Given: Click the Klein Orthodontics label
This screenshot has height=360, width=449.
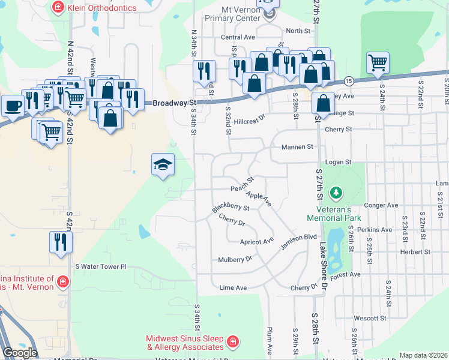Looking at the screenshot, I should point(102,8).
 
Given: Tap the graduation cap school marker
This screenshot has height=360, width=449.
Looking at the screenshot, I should point(163,164).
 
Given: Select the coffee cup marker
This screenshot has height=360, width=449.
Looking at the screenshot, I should point(13,106).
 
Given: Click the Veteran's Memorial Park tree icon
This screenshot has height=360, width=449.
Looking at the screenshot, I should point(337,193).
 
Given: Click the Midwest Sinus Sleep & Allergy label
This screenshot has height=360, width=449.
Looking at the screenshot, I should point(185,343).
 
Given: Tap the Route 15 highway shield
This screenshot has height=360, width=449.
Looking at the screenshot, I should point(349,81).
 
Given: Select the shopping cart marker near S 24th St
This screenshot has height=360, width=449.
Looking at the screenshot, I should point(378,62).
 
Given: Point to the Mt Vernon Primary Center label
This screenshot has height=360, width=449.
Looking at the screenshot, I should point(231,14).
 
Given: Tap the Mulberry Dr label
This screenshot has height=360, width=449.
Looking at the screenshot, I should point(234,259).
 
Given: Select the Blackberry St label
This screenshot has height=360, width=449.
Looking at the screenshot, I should point(231,207).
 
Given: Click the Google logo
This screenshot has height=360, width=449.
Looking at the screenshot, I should point(20,353).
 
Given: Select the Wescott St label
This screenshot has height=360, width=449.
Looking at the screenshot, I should point(370,318).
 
